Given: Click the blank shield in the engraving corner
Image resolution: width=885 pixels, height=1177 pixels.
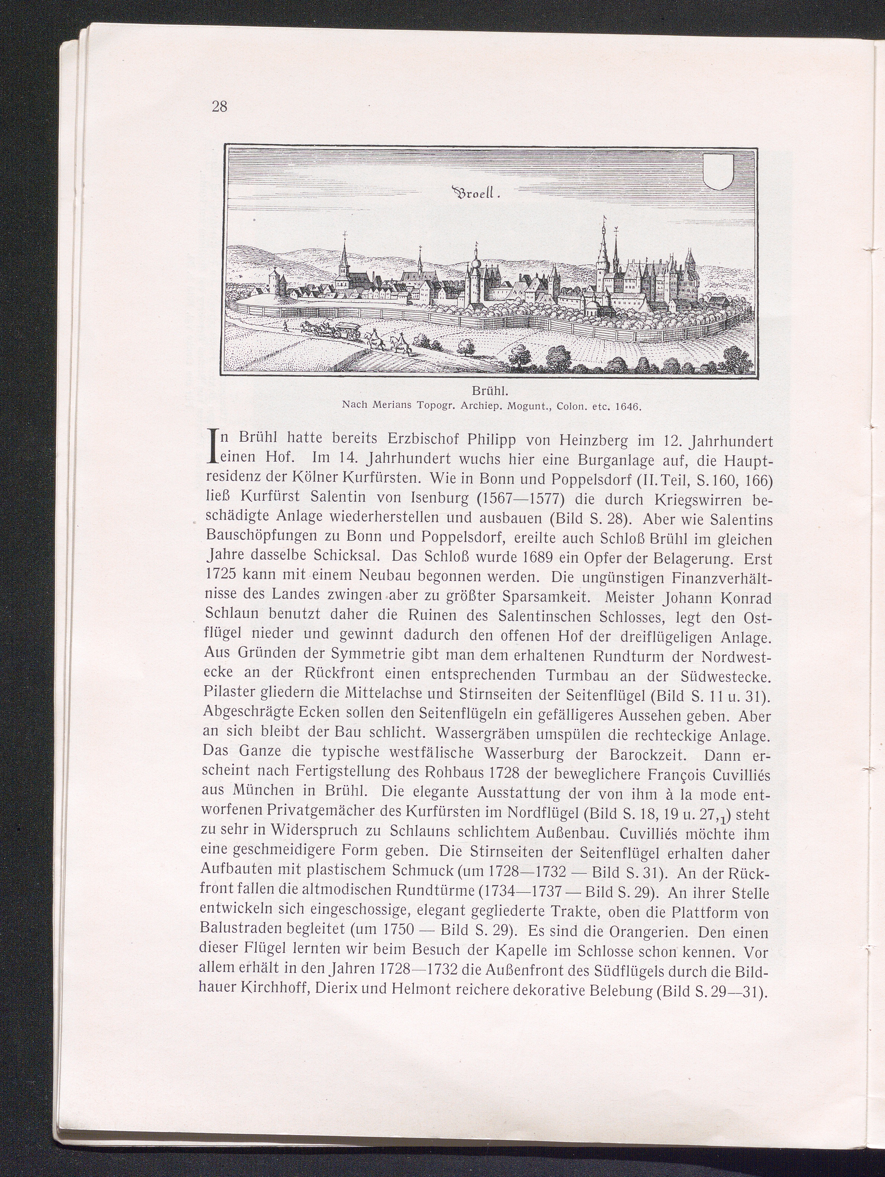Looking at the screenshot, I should (719, 171).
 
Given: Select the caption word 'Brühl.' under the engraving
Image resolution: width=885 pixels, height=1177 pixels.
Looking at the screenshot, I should (488, 393).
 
